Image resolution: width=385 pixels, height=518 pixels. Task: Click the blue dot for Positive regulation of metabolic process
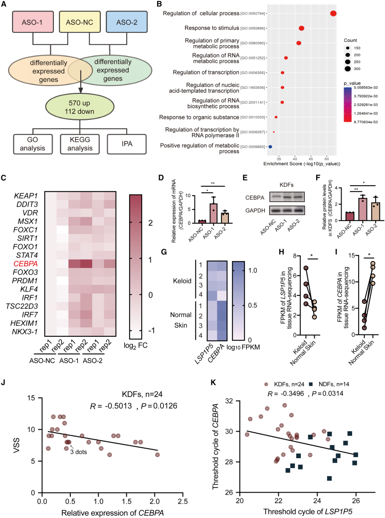(270, 147)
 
